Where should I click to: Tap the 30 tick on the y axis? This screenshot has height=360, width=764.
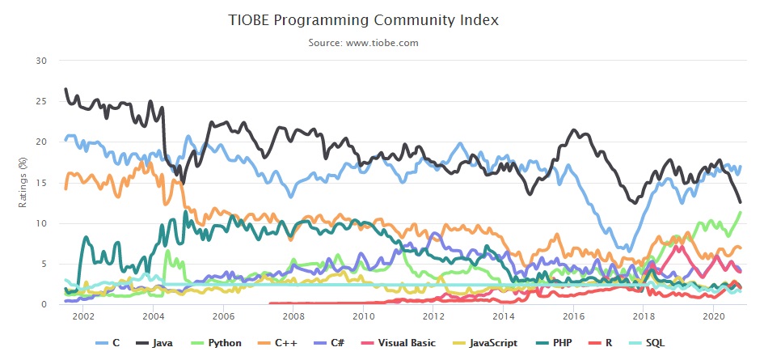pos(43,61)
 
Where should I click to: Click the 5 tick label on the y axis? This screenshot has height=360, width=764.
pos(45,264)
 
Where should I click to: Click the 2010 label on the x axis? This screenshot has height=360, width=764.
pos(364,316)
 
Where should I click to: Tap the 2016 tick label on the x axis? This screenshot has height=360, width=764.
pos(573,316)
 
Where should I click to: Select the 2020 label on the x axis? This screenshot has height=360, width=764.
pos(713,316)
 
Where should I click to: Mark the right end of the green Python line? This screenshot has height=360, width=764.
pos(741,212)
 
